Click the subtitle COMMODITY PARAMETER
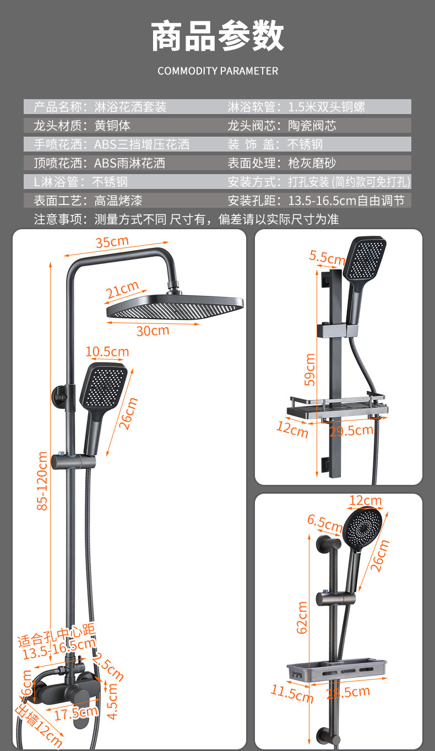[218, 71]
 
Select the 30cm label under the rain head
[153, 331]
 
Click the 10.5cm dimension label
[107, 352]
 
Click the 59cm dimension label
[310, 369]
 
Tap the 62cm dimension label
[302, 617]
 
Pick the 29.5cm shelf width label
[351, 430]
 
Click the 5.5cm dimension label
[327, 257]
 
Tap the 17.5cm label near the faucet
[75, 713]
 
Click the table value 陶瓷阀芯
[312, 126]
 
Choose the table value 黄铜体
[112, 126]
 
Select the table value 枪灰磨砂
[312, 163]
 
